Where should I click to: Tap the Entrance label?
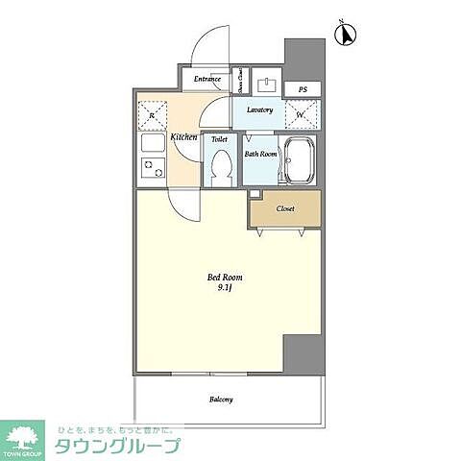[x=207, y=79]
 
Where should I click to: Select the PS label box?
[x=302, y=89]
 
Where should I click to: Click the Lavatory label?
[x=259, y=110]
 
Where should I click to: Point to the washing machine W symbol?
[x=301, y=114]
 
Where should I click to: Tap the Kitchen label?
[x=183, y=138]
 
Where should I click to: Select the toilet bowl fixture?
[x=219, y=170]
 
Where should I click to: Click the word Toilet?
[x=219, y=140]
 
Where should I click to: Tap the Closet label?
[x=285, y=208]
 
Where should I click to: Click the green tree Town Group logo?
[x=24, y=437]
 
